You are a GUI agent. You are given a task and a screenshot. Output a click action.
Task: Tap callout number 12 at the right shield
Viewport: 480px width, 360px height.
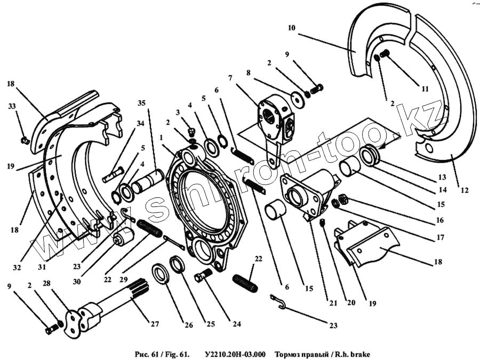(458, 189)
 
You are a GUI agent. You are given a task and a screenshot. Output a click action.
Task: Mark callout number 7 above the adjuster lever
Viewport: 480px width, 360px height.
(230, 77)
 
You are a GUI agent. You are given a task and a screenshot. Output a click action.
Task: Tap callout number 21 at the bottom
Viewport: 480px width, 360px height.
(333, 303)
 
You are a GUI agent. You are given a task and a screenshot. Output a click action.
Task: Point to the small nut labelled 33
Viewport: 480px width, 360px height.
(25, 140)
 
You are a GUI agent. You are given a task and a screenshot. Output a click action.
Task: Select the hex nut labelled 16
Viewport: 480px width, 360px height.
(345, 199)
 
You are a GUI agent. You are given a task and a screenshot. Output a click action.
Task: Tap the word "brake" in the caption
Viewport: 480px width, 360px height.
(358, 354)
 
